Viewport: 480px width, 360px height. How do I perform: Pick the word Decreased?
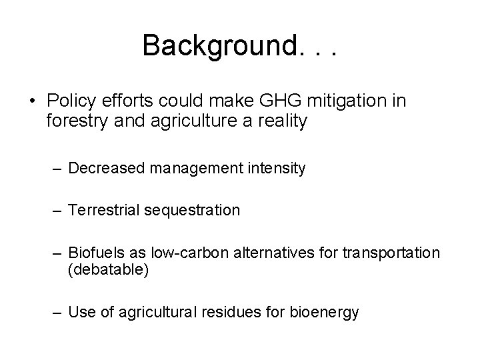105,168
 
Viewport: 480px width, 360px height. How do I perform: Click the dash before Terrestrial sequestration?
55,210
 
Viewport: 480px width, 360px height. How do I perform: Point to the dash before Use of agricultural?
55,311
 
